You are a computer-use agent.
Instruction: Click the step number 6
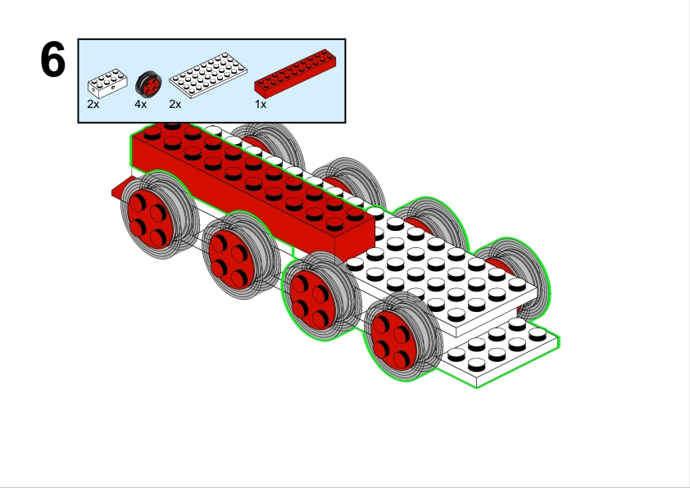click(x=52, y=61)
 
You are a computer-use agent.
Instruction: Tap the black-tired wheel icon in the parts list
click(x=149, y=84)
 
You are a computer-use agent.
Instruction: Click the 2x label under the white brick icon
click(x=93, y=105)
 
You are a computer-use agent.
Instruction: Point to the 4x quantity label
click(x=141, y=105)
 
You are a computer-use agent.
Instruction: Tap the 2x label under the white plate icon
click(x=175, y=105)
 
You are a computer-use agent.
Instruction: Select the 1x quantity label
click(x=261, y=105)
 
